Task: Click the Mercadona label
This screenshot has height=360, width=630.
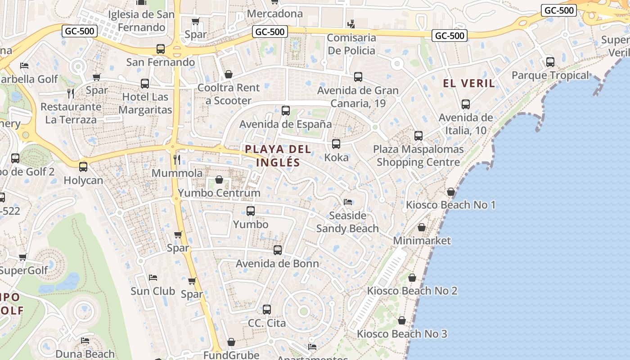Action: tap(275, 14)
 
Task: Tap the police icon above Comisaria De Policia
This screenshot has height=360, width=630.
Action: tap(351, 24)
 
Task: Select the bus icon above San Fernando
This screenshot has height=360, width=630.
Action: tap(161, 49)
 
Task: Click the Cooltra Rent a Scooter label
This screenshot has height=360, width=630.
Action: tap(229, 94)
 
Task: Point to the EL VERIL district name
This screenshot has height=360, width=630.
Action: tap(469, 83)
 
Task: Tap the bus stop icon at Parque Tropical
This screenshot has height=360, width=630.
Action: tap(550, 62)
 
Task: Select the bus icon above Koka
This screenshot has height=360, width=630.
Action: tap(336, 144)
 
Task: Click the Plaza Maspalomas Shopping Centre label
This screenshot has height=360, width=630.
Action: tap(418, 156)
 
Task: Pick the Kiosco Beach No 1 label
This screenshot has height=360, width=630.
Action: tap(450, 205)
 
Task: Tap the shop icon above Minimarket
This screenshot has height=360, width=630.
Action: tap(422, 228)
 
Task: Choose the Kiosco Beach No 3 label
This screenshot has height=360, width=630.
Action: tap(402, 334)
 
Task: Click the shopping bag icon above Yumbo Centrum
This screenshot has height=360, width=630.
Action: tap(219, 180)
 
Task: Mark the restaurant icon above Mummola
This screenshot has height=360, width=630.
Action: tap(177, 160)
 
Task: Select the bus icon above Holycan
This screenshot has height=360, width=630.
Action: tap(83, 167)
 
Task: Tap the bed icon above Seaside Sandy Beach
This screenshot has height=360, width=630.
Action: tap(348, 202)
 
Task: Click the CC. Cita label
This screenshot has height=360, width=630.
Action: tap(267, 323)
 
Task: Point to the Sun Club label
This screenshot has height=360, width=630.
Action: tap(153, 291)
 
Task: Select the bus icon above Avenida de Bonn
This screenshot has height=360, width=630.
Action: tap(278, 250)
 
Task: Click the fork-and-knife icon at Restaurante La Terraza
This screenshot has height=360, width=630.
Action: tap(70, 93)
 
